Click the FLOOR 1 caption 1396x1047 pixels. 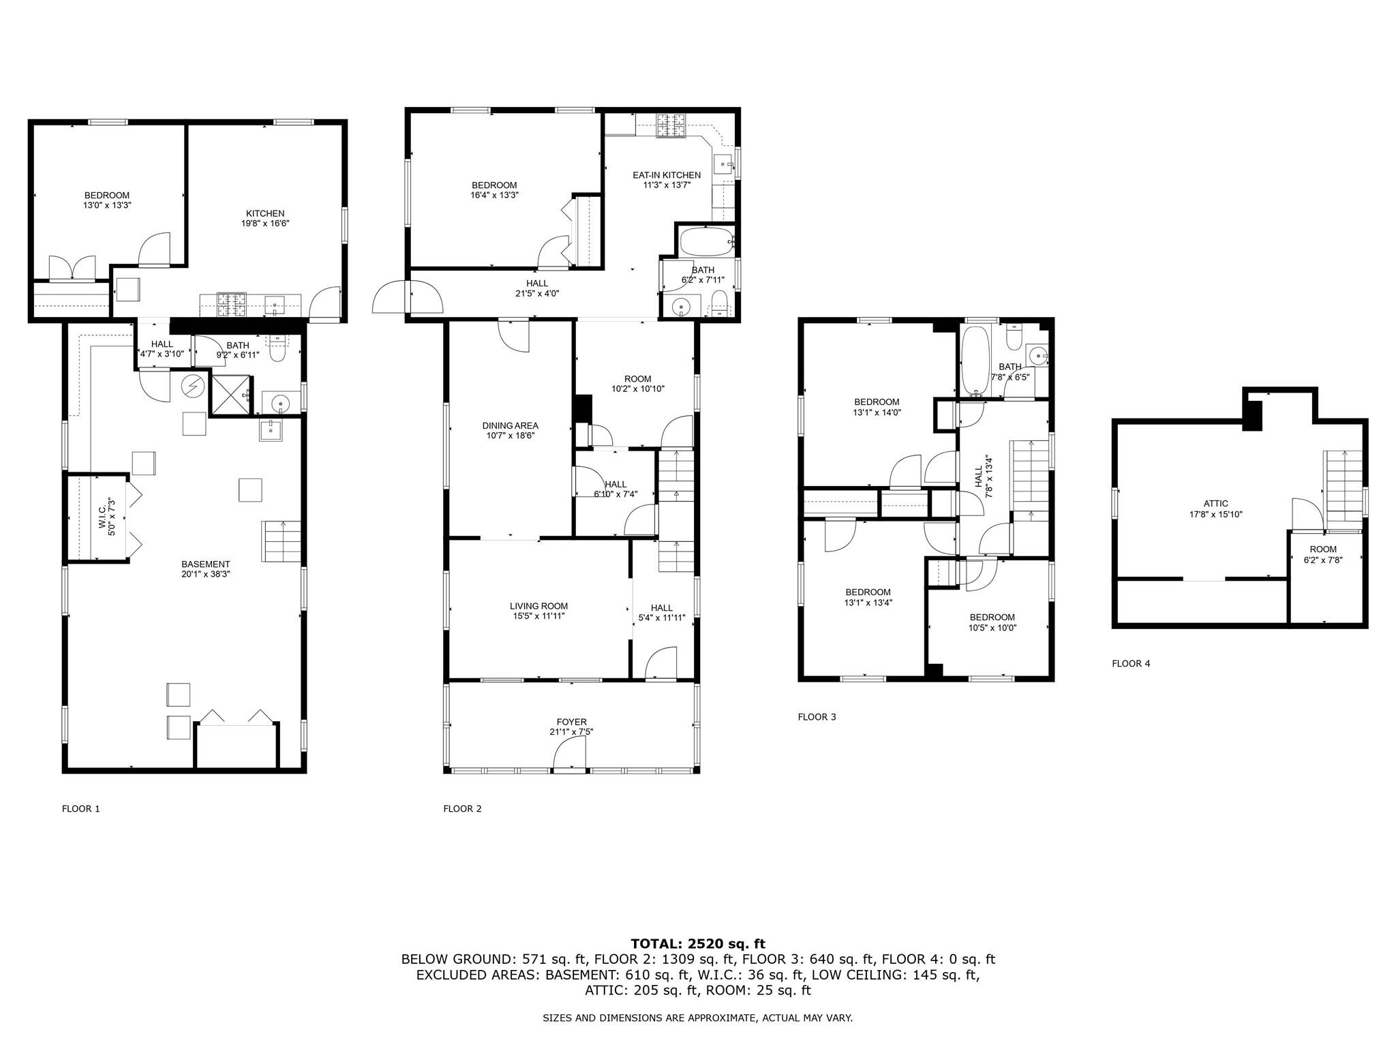point(80,809)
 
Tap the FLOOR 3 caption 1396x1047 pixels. point(817,716)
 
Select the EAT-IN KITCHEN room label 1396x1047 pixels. point(666,175)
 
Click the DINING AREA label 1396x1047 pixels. point(510,425)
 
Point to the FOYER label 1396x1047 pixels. point(571,722)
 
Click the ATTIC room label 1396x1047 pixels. point(1215,504)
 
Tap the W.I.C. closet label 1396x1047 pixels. point(102,516)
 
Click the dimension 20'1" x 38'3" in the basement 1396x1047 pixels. point(205,574)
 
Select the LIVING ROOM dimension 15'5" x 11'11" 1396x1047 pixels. point(538,616)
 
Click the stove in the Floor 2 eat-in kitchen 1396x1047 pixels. point(670,125)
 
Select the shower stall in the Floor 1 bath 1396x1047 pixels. point(229,395)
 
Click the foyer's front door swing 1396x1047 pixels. point(569,755)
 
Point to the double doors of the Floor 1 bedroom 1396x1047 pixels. point(72,269)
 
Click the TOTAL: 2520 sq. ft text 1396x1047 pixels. point(697,944)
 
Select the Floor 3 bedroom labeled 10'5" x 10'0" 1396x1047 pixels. point(992,622)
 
